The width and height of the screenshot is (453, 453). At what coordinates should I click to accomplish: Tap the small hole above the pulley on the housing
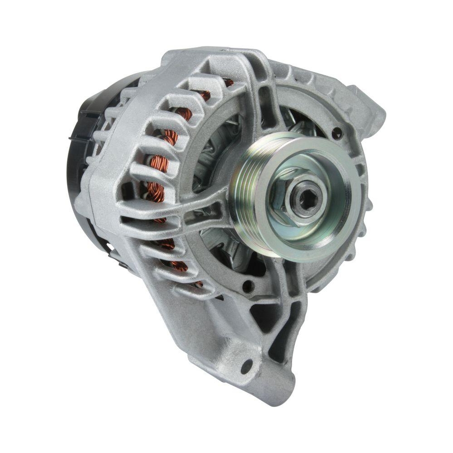tap(337, 133)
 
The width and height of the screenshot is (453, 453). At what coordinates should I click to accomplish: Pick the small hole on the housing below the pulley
tap(247, 286)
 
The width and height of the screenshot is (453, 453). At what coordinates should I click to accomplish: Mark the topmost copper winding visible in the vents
tap(229, 82)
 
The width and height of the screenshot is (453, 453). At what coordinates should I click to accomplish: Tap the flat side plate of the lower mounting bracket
tap(190, 317)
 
